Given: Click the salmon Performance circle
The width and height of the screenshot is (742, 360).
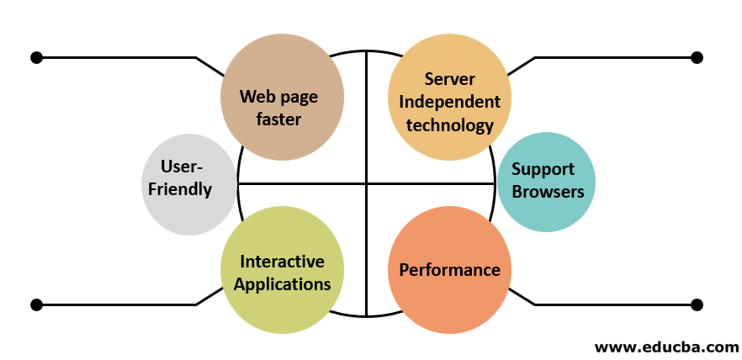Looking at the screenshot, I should click(x=449, y=269).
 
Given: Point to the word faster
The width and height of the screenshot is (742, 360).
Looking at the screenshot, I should click(x=278, y=119).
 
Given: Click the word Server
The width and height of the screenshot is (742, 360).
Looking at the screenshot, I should click(x=450, y=79).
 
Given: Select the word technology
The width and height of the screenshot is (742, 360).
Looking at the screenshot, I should click(x=449, y=125).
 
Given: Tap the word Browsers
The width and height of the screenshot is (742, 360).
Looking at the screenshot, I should click(x=548, y=191).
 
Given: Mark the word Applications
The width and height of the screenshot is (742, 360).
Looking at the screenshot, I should click(x=282, y=283).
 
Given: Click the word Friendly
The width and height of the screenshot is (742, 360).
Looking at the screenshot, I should click(x=180, y=188).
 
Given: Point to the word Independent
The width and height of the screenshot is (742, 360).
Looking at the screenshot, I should click(x=449, y=102).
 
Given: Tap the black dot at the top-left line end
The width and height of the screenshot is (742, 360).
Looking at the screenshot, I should click(x=36, y=57).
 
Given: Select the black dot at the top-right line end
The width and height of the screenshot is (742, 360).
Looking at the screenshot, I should click(x=697, y=57).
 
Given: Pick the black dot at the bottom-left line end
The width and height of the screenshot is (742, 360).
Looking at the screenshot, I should click(x=36, y=304).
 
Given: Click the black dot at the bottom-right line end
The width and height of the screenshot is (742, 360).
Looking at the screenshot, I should click(x=697, y=304).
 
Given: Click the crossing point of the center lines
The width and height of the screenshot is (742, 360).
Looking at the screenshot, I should click(x=367, y=183).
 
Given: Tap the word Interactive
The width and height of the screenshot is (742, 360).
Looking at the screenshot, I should click(x=282, y=262).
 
